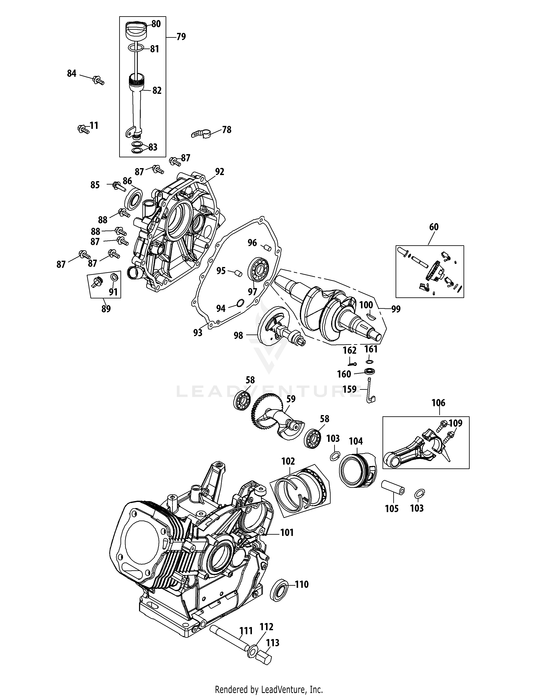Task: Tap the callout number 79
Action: pos(181,37)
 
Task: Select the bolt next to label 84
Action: pos(98,80)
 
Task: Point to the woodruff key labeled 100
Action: pos(371,316)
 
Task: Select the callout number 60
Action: pos(434,227)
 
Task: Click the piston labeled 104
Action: pos(357,469)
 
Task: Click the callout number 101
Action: pos(287,533)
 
